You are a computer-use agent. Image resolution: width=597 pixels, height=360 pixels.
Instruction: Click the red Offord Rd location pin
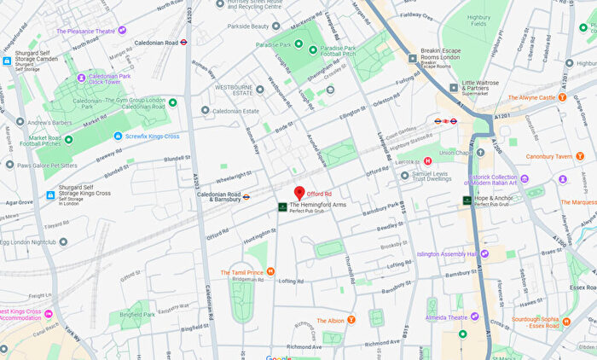click(299, 193)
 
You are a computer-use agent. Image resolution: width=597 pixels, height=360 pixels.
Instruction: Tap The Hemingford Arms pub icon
click(282, 206)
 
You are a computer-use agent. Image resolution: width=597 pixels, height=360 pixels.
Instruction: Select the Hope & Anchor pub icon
click(467, 200)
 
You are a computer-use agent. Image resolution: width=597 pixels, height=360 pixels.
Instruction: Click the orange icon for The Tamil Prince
click(270, 272)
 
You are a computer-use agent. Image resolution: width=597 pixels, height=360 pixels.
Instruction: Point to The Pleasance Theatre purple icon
click(122, 31)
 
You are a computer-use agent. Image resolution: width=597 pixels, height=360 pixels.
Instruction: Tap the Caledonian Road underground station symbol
click(183, 41)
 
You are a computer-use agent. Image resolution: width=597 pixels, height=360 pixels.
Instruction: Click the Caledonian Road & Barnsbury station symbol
click(246, 196)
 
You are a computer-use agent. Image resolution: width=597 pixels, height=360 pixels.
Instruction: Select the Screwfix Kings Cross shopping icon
click(119, 136)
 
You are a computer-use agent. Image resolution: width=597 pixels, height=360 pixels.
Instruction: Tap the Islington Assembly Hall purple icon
click(484, 253)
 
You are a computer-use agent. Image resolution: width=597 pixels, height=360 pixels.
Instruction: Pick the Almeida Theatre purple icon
click(475, 316)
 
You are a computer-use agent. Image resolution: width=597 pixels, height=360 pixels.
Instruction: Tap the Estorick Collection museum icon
click(525, 178)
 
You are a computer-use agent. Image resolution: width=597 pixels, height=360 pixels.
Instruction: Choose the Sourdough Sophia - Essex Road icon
click(566, 322)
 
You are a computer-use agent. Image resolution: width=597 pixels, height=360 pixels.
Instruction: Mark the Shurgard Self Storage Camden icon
click(7, 61)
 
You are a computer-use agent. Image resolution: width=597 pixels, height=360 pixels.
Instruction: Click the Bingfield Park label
click(137, 314)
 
